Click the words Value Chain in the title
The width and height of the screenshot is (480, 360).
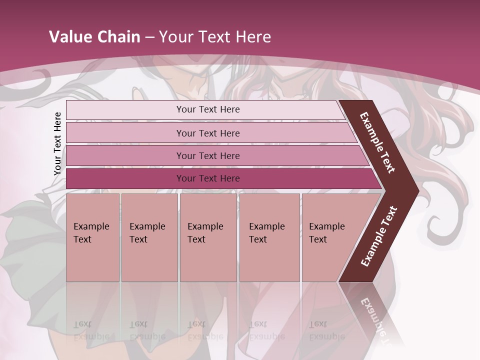coord(94,37)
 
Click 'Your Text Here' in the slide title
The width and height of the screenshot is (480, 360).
coord(215,37)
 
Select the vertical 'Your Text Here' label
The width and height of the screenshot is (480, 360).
coord(57,143)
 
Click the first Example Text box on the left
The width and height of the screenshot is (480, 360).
coord(92,237)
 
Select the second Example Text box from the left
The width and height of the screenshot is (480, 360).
coord(149,237)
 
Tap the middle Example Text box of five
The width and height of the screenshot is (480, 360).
coord(208,237)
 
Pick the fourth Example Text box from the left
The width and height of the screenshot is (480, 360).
coord(269,237)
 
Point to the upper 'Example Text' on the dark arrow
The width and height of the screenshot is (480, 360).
coord(377,142)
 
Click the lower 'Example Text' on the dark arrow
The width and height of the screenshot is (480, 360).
coord(379,236)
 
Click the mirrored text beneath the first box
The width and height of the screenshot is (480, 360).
coord(91,330)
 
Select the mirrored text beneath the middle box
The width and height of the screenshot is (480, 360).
coord(205,330)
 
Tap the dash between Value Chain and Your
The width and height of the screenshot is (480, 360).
coord(149,37)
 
